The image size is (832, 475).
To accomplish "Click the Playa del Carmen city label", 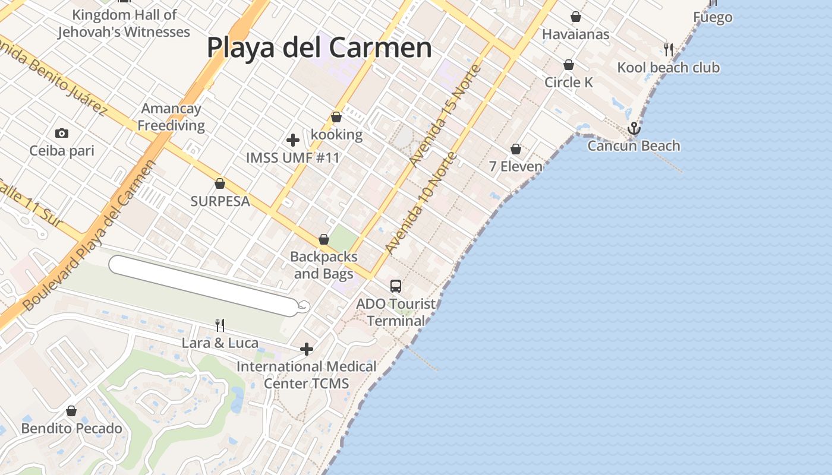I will tap(319, 47).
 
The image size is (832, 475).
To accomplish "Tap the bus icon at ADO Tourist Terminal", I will tap(396, 286).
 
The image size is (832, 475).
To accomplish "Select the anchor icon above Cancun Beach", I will tap(634, 128).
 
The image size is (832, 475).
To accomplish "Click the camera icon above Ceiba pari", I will tap(62, 133).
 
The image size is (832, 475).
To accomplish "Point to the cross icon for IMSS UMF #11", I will tap(292, 140).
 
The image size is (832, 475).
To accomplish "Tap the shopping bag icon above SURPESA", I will tap(220, 183).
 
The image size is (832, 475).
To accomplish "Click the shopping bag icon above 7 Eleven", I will tap(516, 149).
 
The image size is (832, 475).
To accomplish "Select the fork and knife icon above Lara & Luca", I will tap(220, 325).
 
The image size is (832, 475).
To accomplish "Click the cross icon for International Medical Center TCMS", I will tap(306, 349).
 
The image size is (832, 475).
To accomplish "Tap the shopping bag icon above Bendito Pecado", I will tap(71, 411).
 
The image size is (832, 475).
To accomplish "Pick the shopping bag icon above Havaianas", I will tap(575, 17).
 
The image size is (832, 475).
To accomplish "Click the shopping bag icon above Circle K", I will tap(569, 65).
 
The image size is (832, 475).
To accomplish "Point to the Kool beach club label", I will tap(668, 68).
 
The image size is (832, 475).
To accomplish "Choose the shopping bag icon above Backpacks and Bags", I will tap(324, 240).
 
